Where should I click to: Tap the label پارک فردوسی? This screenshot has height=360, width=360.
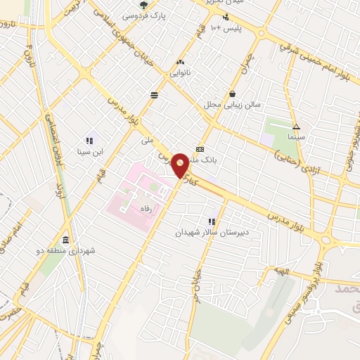tap(143, 15)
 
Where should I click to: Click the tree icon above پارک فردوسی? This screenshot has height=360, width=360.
tap(143, 4)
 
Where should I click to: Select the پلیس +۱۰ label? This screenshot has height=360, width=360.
tap(227, 28)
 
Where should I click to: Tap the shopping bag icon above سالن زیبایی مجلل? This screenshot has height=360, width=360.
tap(233, 94)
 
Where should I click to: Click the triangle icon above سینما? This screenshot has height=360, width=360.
tap(296, 127)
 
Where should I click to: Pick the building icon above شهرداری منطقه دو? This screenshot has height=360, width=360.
tap(65, 239)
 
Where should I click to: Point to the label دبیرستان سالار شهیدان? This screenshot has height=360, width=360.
tap(211, 232)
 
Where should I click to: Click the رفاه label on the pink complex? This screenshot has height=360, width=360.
tap(147, 208)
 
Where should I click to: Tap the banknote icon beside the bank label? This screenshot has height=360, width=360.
tap(200, 149)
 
